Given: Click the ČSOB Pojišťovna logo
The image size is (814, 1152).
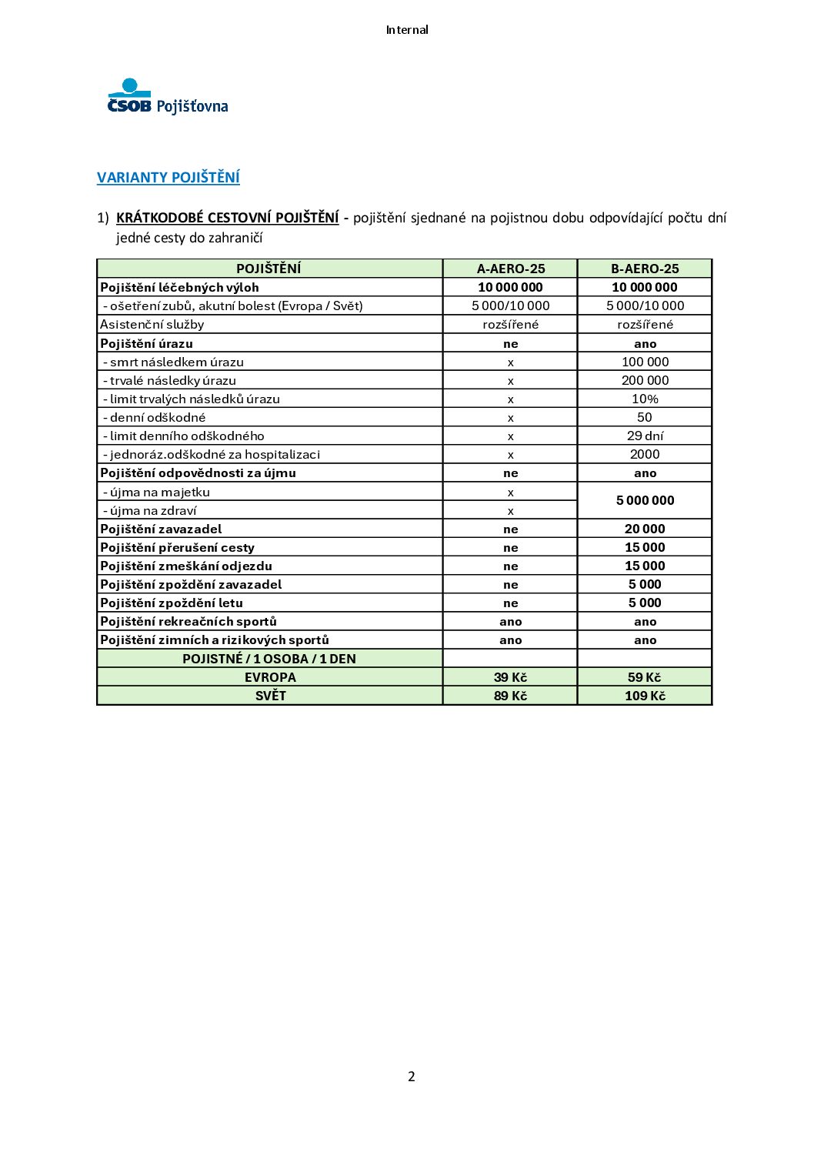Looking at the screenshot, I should coord(168,97).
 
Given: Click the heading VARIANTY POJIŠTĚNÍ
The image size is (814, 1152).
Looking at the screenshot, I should coord(168,178).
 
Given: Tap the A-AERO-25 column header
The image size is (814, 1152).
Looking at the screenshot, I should coord(510,269).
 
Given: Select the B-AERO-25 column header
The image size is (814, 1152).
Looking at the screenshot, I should coord(645,269).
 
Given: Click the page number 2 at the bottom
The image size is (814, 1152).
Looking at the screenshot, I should coord(411,1076).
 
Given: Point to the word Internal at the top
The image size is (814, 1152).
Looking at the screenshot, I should coord(407,30).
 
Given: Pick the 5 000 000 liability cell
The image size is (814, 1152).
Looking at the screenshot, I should coord(645,500).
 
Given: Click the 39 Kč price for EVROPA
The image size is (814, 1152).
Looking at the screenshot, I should coord(510,677).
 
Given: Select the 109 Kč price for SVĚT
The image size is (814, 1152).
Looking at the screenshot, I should coord(645,696).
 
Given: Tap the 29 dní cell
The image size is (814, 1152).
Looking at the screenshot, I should coord(645,436).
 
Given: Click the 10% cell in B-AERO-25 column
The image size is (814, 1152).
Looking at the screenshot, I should coord(645,399).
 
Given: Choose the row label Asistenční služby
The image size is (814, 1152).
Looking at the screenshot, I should coord(152,324).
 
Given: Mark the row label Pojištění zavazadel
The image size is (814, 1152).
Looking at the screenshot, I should coord(161,529).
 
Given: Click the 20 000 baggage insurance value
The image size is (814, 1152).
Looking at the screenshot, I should coord(645,529).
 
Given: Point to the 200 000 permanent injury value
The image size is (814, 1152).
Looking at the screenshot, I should coord(645,380).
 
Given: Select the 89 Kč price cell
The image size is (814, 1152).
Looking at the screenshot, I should coord(510,696).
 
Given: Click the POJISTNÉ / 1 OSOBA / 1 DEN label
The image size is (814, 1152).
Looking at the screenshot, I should coord(269,659).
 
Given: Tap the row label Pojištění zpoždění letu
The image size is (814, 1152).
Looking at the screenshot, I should coord(172,603).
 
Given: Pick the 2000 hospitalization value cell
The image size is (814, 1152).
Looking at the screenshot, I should coord(645,454).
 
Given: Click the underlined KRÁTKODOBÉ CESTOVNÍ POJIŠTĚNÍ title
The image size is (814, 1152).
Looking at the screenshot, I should coord(227,218).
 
